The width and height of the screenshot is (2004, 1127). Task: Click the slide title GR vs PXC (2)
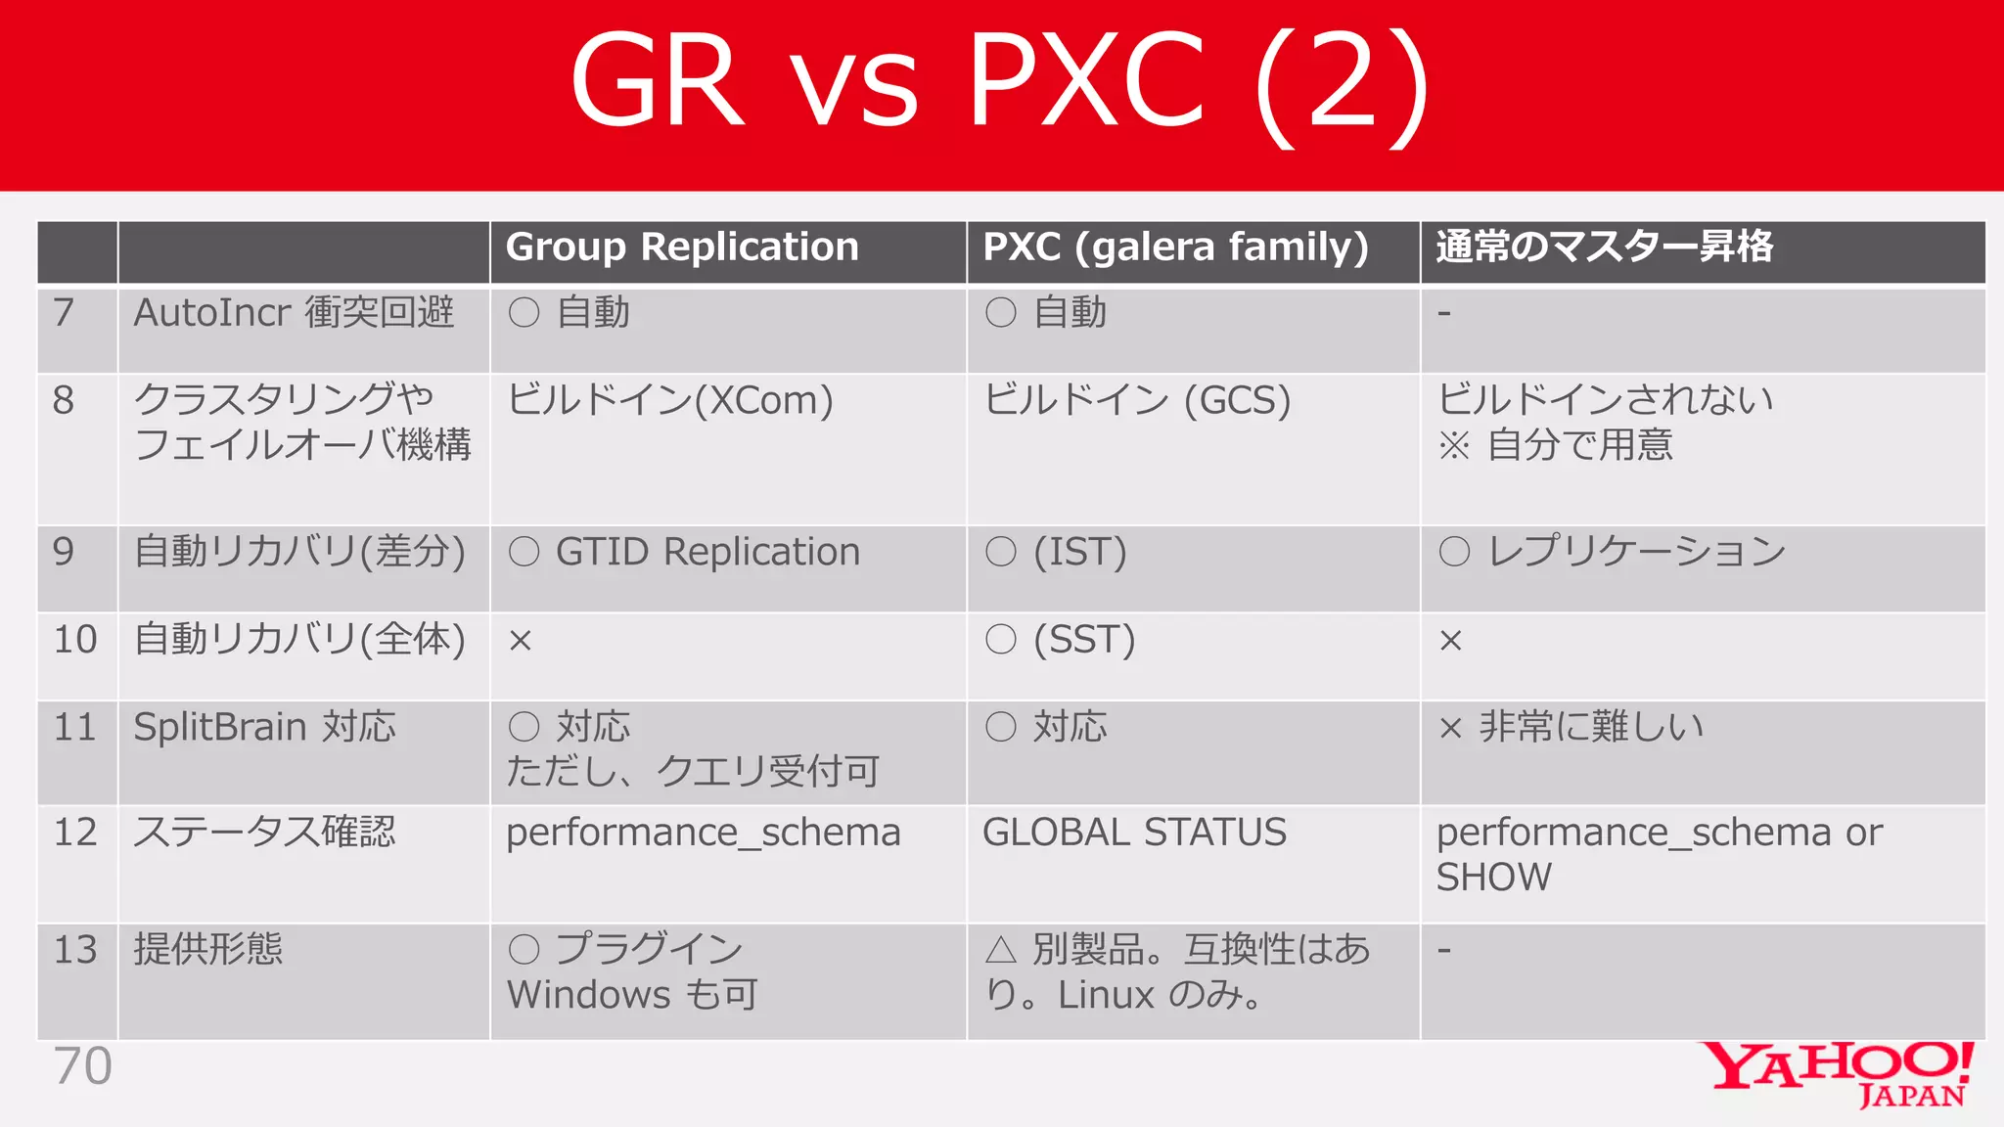coord(1000,82)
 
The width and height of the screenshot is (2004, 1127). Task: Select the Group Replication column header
coord(682,248)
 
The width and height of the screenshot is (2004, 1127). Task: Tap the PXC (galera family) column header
coord(1175,248)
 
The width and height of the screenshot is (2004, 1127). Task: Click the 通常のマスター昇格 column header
coord(1604,248)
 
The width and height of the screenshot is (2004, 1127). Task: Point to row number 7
coord(64,313)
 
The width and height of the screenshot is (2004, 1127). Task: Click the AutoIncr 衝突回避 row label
coord(294,313)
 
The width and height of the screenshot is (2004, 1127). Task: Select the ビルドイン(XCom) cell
coord(670,400)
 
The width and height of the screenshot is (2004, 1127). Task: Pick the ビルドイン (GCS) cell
coord(1137,400)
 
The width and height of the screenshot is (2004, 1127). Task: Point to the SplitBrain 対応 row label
coord(264,728)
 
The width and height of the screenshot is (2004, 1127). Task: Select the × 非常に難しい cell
coord(1571,728)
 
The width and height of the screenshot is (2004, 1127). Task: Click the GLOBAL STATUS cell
coord(1134,833)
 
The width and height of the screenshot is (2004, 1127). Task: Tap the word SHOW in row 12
coord(1493,878)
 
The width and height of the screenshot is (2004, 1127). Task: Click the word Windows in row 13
coord(588,995)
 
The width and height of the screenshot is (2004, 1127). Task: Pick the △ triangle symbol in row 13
coord(1001,950)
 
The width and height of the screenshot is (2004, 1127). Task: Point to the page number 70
coord(83,1066)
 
